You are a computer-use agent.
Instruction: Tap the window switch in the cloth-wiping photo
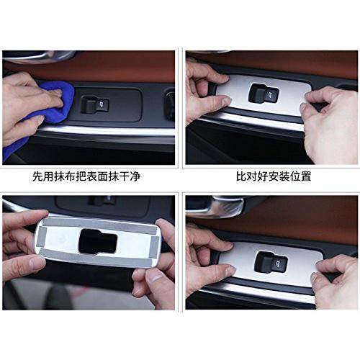coord(95,104)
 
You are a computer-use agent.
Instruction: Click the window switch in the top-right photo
coord(264,92)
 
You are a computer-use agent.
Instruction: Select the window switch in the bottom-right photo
coord(271,261)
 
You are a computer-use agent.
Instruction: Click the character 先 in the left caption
coord(38,176)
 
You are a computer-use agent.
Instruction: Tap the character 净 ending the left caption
coord(135,176)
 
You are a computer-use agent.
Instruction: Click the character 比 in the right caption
coord(241,176)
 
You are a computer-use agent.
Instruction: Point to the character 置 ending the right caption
coord(306,176)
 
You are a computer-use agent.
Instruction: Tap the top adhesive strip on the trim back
coord(99,225)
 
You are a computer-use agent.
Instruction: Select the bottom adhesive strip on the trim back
coord(96,257)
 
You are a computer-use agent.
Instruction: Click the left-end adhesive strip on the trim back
coord(41,238)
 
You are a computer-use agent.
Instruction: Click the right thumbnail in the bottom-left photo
coord(155,279)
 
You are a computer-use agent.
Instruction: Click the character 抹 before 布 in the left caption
coord(60,176)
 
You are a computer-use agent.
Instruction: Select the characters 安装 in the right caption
coord(279,176)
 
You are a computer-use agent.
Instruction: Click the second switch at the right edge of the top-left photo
coord(170,104)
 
